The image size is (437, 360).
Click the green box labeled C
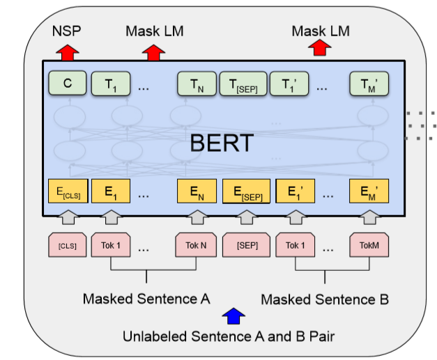67,84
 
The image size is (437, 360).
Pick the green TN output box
197,84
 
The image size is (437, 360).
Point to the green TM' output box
368,84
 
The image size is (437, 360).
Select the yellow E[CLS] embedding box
67,193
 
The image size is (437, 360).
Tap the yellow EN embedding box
197,193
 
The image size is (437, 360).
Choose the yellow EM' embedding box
368,193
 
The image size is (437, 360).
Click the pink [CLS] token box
67,246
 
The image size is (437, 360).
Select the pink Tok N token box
197,246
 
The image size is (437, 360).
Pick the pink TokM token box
368,246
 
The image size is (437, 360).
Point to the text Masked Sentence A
146,299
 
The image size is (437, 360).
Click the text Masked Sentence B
324,300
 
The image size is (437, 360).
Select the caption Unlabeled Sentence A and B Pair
229,337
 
